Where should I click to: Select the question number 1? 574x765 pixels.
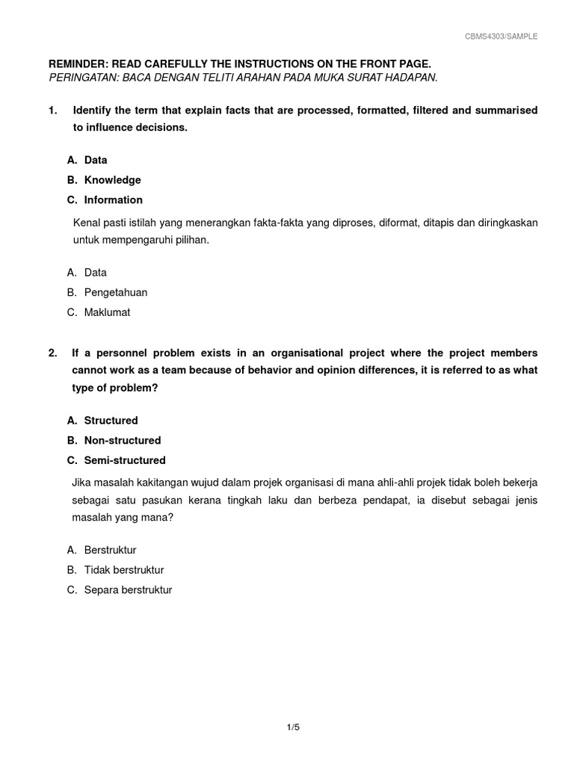pos(52,111)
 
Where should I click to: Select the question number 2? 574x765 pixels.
pos(52,353)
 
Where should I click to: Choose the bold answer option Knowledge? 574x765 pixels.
pos(112,180)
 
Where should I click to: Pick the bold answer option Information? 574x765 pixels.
pos(113,200)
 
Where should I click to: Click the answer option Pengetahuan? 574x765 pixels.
pos(116,293)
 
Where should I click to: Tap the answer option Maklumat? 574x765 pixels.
pos(107,313)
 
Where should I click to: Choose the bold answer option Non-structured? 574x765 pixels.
pos(123,441)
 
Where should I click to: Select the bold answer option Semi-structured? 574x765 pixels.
pos(125,460)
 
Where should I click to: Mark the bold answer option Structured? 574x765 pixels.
pos(111,421)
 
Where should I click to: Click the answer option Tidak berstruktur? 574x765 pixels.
pos(124,570)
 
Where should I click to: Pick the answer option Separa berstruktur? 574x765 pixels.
pos(128,590)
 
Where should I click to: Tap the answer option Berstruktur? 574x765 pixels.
pos(110,551)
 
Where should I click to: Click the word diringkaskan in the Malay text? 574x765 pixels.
pos(504,223)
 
